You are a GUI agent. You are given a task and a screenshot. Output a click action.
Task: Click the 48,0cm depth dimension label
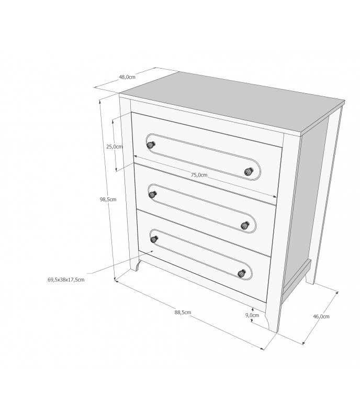[x=127, y=77]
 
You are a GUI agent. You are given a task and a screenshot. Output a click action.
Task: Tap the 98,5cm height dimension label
[x=108, y=200]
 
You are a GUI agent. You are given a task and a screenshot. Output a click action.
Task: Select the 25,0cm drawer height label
[x=114, y=147]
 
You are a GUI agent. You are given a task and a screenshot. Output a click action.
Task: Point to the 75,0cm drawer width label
[x=199, y=175]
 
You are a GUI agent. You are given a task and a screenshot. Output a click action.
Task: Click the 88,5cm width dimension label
[x=183, y=312]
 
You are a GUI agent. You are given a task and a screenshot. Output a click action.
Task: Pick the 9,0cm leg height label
[x=252, y=315]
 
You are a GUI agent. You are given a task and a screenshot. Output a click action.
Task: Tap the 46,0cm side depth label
[x=321, y=316]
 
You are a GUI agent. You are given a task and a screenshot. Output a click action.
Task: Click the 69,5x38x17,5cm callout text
[x=66, y=280]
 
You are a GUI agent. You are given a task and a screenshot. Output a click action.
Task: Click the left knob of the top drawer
[x=151, y=145]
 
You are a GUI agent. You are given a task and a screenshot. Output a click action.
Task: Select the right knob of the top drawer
[x=249, y=171]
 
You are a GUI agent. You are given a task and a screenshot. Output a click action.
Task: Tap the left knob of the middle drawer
[x=153, y=195]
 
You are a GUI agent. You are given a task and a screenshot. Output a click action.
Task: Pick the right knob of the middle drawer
[x=245, y=226]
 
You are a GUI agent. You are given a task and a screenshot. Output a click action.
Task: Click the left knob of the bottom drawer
[x=154, y=239]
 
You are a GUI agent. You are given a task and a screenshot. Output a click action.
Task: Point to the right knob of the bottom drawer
[x=242, y=274]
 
